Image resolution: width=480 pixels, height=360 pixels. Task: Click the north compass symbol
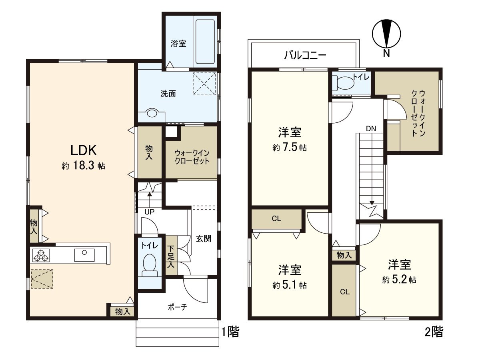click(x=386, y=34)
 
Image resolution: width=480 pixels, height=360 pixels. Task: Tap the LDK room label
click(x=83, y=150)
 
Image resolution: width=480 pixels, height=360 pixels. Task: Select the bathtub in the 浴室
click(x=205, y=43)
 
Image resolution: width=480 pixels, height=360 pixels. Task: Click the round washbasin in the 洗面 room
click(x=152, y=114)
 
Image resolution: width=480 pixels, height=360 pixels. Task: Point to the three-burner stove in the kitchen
click(x=40, y=255)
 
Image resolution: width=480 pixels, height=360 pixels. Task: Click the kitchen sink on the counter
click(x=84, y=254)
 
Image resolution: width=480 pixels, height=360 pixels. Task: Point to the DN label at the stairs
click(x=370, y=128)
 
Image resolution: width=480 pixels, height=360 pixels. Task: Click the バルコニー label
click(x=305, y=55)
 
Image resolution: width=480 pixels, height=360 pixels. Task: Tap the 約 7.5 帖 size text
click(x=290, y=148)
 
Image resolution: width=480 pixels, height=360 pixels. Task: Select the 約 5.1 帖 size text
click(x=290, y=285)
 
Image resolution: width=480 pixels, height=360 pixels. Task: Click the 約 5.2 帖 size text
click(x=399, y=280)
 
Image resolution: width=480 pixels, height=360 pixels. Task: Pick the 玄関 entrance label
click(x=203, y=239)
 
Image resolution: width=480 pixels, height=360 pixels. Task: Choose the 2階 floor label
click(x=434, y=332)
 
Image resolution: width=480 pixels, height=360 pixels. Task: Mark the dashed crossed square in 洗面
click(x=204, y=84)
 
